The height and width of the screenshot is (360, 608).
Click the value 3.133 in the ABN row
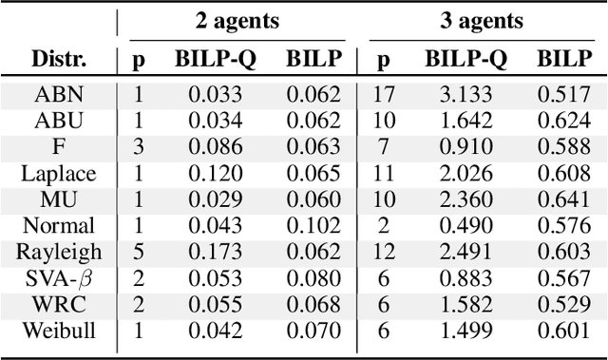coord(465,94)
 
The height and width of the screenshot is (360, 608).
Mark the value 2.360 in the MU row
coord(465,199)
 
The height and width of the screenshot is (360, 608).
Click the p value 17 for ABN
coord(385,94)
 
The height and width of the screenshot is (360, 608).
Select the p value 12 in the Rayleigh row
coord(385,252)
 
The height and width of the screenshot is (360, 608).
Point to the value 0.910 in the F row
coord(465,146)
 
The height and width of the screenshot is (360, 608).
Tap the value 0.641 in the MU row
coord(563,199)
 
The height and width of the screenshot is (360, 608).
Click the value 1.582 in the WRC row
coord(465,305)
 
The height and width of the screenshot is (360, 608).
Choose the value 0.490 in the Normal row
coord(465,226)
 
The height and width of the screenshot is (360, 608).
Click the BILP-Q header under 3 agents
coord(465,60)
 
